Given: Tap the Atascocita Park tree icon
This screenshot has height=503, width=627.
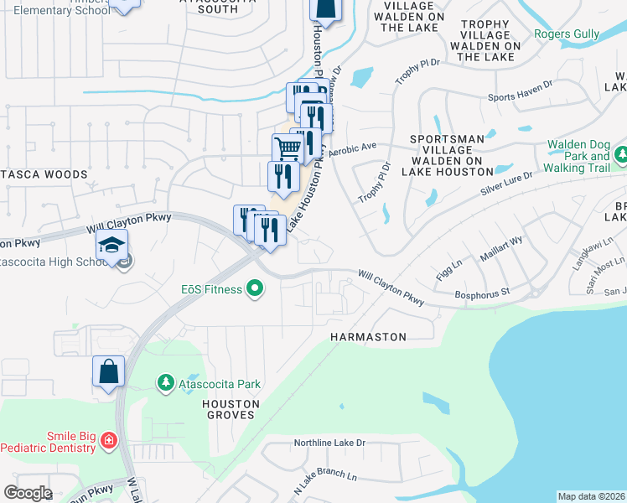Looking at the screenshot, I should tap(166, 384).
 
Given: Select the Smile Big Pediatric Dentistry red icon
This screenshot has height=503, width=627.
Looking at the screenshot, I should tap(108, 440).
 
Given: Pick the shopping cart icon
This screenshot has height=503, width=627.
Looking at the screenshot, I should tap(288, 149).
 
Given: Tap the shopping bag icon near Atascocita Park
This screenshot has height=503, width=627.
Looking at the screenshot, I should tap(109, 371).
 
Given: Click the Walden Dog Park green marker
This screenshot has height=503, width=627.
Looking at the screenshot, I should tap(621, 155).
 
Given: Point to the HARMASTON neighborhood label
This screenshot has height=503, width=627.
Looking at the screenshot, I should tap(368, 337).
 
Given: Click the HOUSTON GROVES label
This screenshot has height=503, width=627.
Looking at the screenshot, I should tap(231, 410).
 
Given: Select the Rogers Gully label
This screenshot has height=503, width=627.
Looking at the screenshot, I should tap(567, 34).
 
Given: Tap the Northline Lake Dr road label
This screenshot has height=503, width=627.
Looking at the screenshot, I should tap(330, 443).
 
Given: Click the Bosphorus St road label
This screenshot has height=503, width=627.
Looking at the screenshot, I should tap(481, 293).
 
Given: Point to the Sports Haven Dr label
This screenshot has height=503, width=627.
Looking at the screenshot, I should tap(521, 97).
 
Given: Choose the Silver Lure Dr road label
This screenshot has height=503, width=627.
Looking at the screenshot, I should tap(508, 185).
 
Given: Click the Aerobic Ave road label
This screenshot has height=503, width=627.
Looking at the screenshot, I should tap(353, 150).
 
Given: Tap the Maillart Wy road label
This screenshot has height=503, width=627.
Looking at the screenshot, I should tap(501, 251).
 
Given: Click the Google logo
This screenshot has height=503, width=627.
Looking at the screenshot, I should tap(28, 493).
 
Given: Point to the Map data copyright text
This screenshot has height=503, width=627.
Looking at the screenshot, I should tap(591, 496).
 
